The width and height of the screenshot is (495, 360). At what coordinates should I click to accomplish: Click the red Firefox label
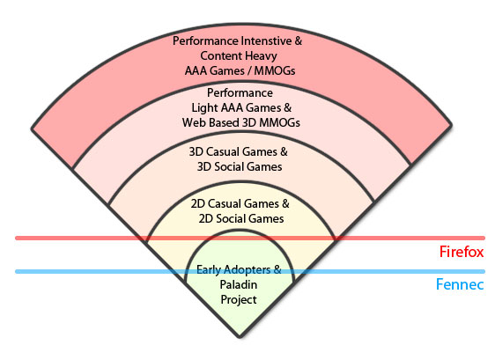click(x=462, y=252)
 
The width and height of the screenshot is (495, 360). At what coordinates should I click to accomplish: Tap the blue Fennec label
click(x=460, y=284)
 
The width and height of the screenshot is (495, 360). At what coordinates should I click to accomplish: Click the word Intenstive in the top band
click(x=267, y=40)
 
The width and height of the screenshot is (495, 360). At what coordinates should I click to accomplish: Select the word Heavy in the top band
click(x=261, y=55)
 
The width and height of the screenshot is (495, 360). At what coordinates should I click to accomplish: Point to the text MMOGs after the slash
click(x=275, y=70)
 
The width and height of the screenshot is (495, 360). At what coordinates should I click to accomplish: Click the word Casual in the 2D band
click(x=222, y=204)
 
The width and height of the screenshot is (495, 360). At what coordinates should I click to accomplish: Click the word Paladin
click(x=239, y=284)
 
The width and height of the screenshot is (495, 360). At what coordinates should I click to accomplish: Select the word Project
click(x=239, y=300)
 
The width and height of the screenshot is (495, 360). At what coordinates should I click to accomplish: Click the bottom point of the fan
click(x=240, y=337)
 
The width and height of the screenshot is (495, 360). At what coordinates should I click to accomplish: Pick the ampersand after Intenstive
click(x=299, y=41)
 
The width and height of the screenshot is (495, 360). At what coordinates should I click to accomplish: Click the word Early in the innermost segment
click(x=208, y=270)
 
